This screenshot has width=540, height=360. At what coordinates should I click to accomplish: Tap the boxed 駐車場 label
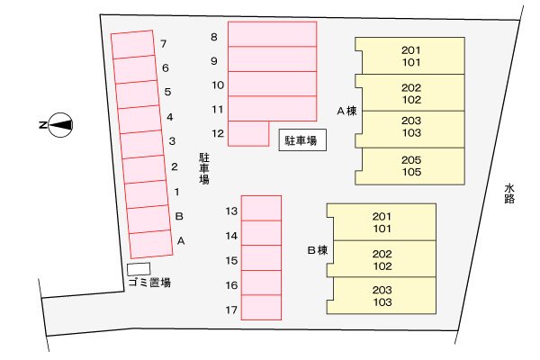[302, 140]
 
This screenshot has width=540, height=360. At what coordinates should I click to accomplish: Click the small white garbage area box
[139, 269]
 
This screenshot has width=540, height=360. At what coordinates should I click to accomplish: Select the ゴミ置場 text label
[149, 283]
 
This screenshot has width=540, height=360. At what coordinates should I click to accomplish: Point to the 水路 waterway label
[509, 193]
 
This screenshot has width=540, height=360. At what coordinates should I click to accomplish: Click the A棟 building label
[346, 111]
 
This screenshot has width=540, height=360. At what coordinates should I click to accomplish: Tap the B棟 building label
[317, 250]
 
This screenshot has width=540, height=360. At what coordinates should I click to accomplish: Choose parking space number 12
[248, 133]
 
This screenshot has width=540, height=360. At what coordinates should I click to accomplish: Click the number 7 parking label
[164, 44]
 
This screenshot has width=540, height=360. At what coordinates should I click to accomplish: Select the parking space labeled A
[151, 244]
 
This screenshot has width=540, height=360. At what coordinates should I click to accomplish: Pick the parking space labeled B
[149, 220]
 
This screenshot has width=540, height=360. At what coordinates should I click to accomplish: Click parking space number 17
[261, 307]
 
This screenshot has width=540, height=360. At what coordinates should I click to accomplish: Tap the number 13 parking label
[232, 211]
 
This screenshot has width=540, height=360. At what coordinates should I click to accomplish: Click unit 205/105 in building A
[409, 166]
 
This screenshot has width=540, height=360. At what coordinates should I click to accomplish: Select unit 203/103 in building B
[382, 295]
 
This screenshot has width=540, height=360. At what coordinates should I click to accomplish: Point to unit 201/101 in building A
[409, 56]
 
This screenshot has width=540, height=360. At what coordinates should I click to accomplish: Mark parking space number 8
[273, 34]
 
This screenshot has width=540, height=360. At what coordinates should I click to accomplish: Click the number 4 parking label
[170, 117]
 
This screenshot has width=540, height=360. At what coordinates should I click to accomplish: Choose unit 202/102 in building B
[382, 259]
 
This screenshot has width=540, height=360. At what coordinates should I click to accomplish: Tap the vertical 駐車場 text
[204, 168]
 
